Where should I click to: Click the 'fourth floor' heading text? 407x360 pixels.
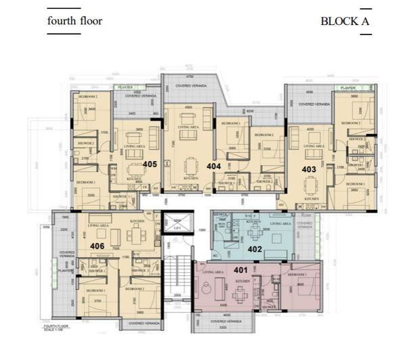74,20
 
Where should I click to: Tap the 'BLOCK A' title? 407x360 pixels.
345,20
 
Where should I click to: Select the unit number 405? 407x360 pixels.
150,164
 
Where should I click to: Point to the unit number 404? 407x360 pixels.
214,164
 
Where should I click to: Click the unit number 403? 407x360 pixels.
309,170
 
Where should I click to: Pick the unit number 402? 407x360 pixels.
255,248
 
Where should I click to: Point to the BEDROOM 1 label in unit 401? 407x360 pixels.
297,275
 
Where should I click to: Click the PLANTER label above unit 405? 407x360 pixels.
125,87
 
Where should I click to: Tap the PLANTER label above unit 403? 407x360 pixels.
348,88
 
